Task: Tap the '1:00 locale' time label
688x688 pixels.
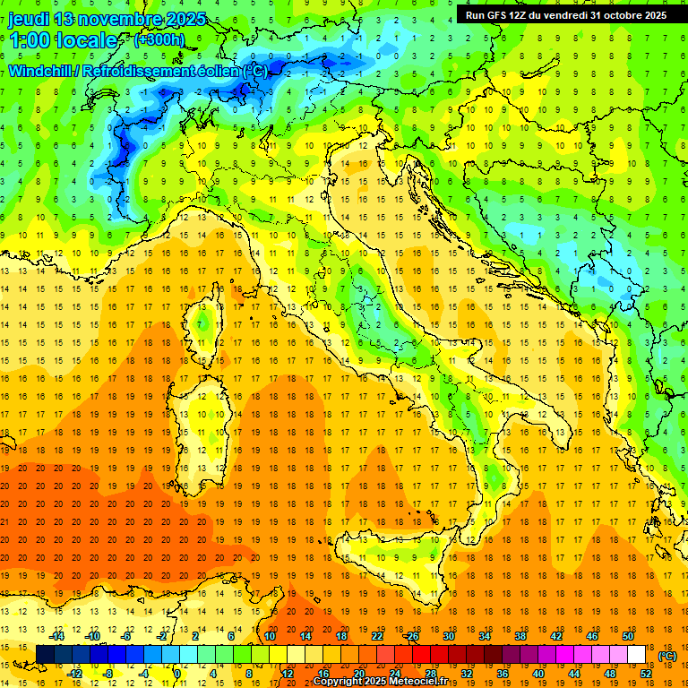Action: (x=63, y=40)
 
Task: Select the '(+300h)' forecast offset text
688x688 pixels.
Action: (x=159, y=39)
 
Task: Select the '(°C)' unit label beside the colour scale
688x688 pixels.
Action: (x=667, y=657)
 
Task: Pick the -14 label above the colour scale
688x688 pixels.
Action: (x=57, y=636)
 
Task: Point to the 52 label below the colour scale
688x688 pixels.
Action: (x=646, y=674)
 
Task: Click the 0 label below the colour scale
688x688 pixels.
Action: (x=177, y=674)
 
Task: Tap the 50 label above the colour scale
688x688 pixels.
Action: (x=627, y=636)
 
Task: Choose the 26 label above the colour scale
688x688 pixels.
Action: (x=412, y=636)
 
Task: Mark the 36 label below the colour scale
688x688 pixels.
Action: (x=503, y=674)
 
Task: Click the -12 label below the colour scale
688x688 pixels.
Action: (x=75, y=674)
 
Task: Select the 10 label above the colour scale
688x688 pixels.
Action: (x=269, y=636)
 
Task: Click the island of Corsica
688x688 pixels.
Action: (x=208, y=318)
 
